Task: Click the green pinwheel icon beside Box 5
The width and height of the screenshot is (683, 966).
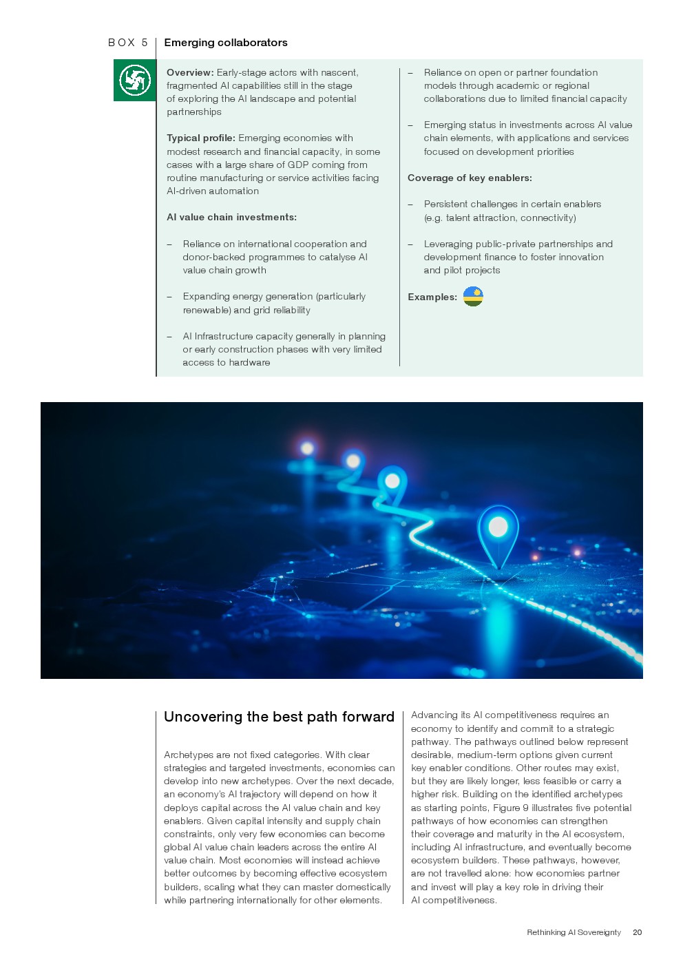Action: pyautogui.click(x=134, y=81)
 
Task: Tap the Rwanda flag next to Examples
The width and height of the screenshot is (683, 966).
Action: pyautogui.click(x=473, y=297)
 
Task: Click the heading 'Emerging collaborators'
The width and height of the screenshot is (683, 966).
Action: pyautogui.click(x=226, y=43)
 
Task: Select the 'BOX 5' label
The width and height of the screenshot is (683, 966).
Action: pyautogui.click(x=128, y=43)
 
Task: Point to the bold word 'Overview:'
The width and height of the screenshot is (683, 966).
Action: pyautogui.click(x=190, y=72)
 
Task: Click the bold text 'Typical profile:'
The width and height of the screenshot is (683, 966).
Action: pyautogui.click(x=201, y=138)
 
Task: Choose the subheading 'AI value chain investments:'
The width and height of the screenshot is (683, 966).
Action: pyautogui.click(x=231, y=218)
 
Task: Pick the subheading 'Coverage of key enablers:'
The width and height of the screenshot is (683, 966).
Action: pyautogui.click(x=470, y=178)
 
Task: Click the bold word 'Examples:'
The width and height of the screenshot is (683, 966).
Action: pyautogui.click(x=432, y=297)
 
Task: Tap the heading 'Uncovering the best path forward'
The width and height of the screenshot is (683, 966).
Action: pyautogui.click(x=279, y=717)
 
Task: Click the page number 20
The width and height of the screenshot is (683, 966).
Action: pyautogui.click(x=637, y=932)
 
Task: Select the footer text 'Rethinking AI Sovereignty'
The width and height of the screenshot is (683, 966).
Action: pyautogui.click(x=574, y=932)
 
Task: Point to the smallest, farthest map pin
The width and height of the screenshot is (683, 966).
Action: pyautogui.click(x=307, y=448)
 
